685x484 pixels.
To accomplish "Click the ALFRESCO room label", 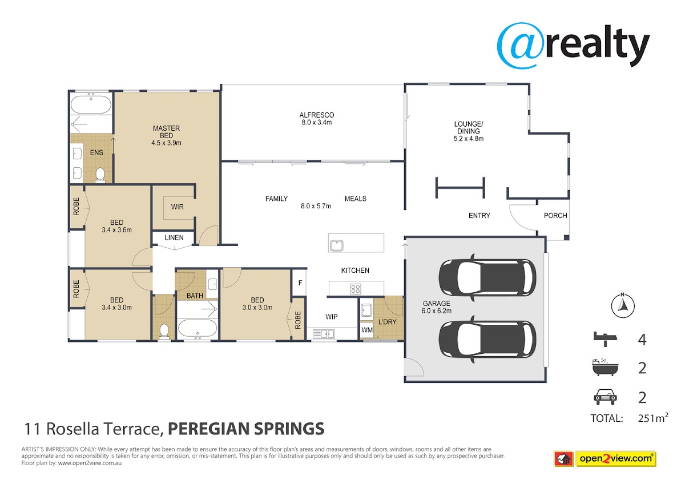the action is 316,115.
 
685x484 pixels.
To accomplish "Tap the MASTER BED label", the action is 166,132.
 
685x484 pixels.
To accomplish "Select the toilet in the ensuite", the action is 100,175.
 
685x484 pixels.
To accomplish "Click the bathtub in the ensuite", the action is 91,104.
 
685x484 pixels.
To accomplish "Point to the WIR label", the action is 178,207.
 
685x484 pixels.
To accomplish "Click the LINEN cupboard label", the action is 174,237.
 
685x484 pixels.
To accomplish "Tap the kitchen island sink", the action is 337,245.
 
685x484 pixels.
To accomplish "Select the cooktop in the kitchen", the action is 355,289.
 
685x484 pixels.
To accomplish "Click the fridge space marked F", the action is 300,283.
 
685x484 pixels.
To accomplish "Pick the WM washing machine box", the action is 366,330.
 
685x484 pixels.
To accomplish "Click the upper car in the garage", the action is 487,277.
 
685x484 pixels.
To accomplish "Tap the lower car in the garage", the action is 487,340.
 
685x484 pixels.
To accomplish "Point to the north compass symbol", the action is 623,305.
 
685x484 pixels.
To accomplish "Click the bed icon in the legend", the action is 605,339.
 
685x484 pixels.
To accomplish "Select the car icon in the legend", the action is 605,397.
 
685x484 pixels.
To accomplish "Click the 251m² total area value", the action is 653,418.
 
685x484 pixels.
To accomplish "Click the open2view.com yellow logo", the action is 615,459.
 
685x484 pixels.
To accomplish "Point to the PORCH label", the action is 555,216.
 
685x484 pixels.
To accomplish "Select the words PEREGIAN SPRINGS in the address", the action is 246,429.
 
